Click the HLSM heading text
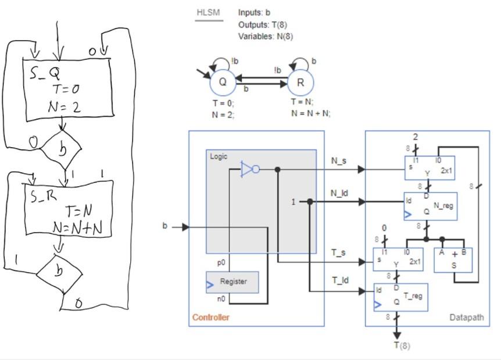(x=208, y=12)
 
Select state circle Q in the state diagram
(x=223, y=83)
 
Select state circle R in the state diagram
(x=300, y=83)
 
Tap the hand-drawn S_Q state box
(x=67, y=87)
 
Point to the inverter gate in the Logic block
(x=250, y=169)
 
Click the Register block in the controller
(x=232, y=282)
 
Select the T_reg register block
(x=401, y=297)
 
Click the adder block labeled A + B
(x=454, y=260)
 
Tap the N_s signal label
(x=339, y=161)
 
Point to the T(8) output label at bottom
(x=401, y=345)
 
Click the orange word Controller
(x=210, y=317)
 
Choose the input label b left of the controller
(x=165, y=226)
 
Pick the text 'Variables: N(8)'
(x=266, y=36)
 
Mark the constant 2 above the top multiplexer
(x=416, y=137)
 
